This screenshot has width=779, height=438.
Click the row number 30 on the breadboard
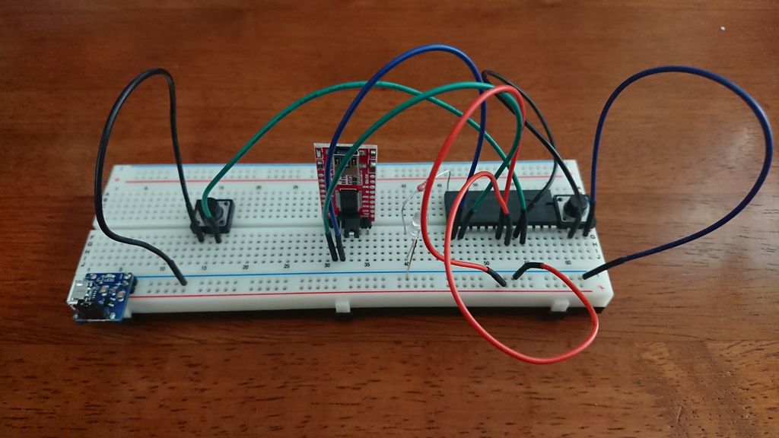(x=328, y=265)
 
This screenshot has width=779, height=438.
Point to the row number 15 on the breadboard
(x=203, y=268)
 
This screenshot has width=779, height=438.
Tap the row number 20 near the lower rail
(x=245, y=268)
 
